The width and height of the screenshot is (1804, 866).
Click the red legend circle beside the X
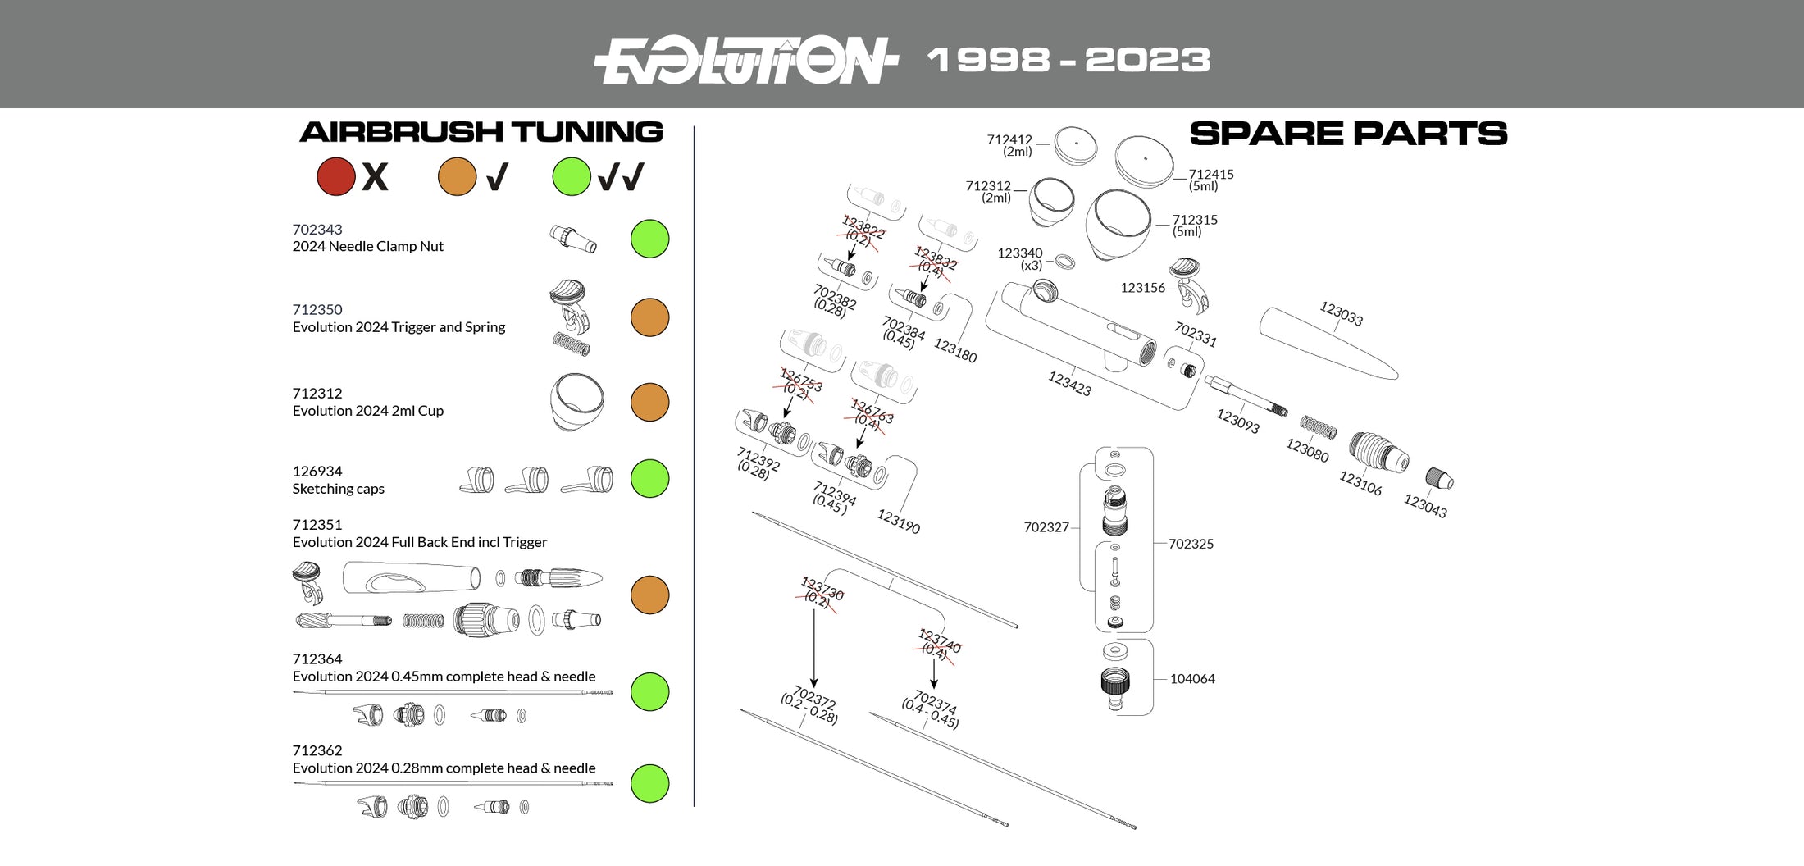(335, 176)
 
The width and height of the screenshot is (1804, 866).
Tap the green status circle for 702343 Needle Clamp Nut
(649, 239)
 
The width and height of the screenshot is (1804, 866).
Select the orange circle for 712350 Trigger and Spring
(649, 317)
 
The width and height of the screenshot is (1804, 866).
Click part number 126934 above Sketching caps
(317, 472)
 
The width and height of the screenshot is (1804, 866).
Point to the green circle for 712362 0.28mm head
(649, 783)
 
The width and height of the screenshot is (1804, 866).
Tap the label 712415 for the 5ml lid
(1210, 175)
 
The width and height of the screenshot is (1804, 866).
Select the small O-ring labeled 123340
(1064, 262)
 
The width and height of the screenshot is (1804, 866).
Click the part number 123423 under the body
(1069, 383)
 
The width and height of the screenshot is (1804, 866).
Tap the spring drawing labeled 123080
(1318, 426)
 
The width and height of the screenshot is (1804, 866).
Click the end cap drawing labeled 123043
(1439, 479)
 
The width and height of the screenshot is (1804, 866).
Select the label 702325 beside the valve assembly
(1191, 544)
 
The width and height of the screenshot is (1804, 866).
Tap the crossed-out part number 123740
(939, 641)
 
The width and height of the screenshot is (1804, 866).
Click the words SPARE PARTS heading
(1347, 134)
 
